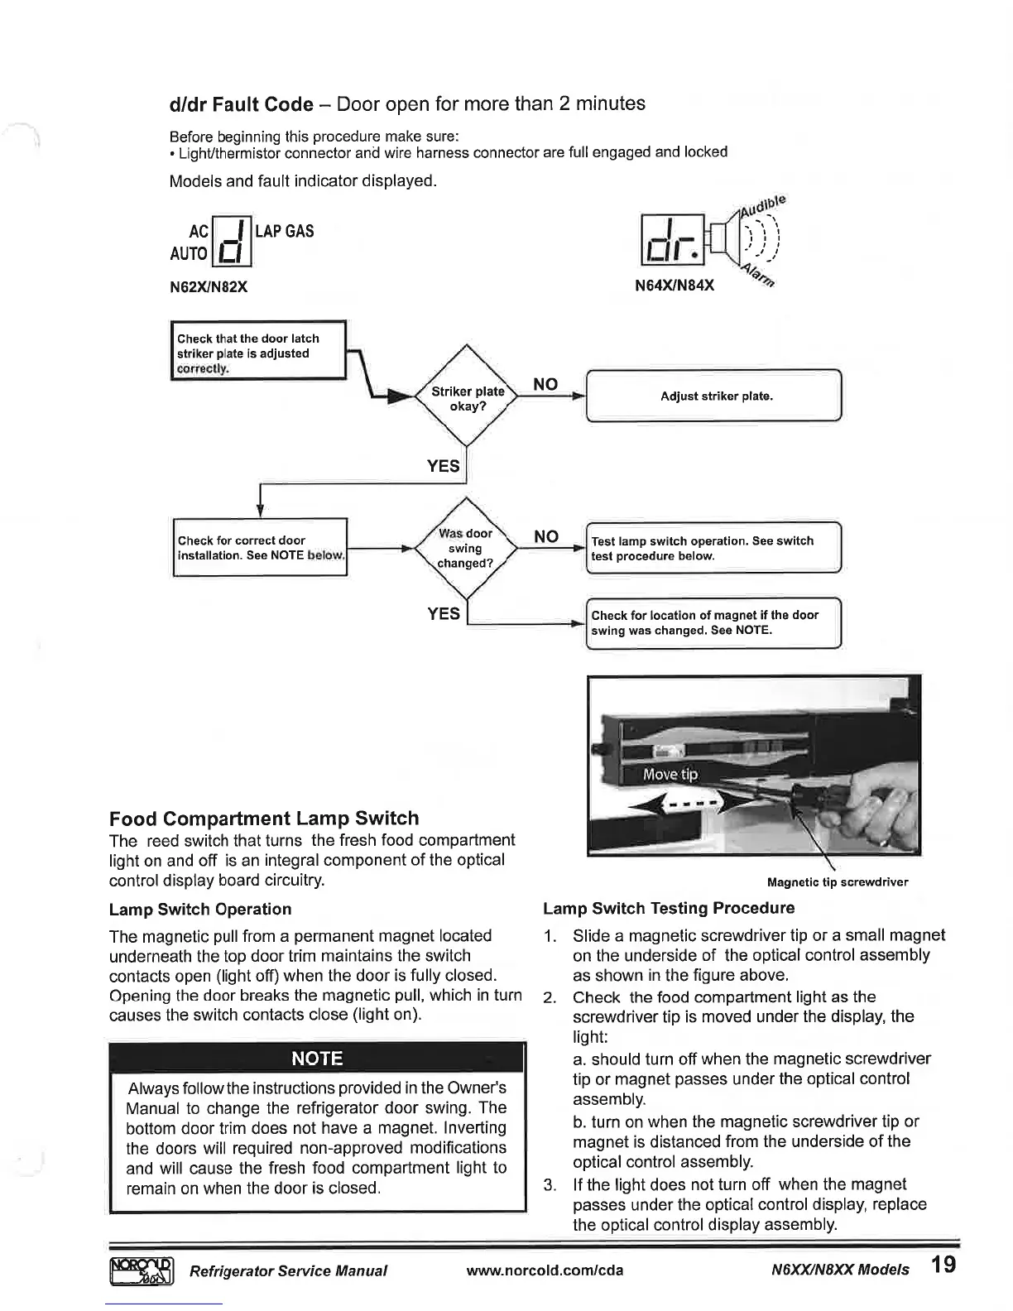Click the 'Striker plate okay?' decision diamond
click(468, 398)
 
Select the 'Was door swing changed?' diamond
click(465, 548)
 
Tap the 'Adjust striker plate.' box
click(716, 396)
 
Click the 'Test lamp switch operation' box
click(713, 549)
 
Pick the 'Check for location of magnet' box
click(713, 622)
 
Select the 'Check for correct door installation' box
click(260, 547)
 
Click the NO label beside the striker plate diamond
click(545, 384)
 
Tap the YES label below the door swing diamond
click(444, 613)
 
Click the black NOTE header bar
click(318, 1059)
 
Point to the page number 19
click(943, 1265)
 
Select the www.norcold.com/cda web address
click(545, 1270)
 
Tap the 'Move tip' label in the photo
click(670, 774)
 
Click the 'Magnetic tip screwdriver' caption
click(838, 882)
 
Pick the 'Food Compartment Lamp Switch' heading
click(264, 819)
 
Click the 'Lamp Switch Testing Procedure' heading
click(669, 908)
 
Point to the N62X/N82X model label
click(209, 287)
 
